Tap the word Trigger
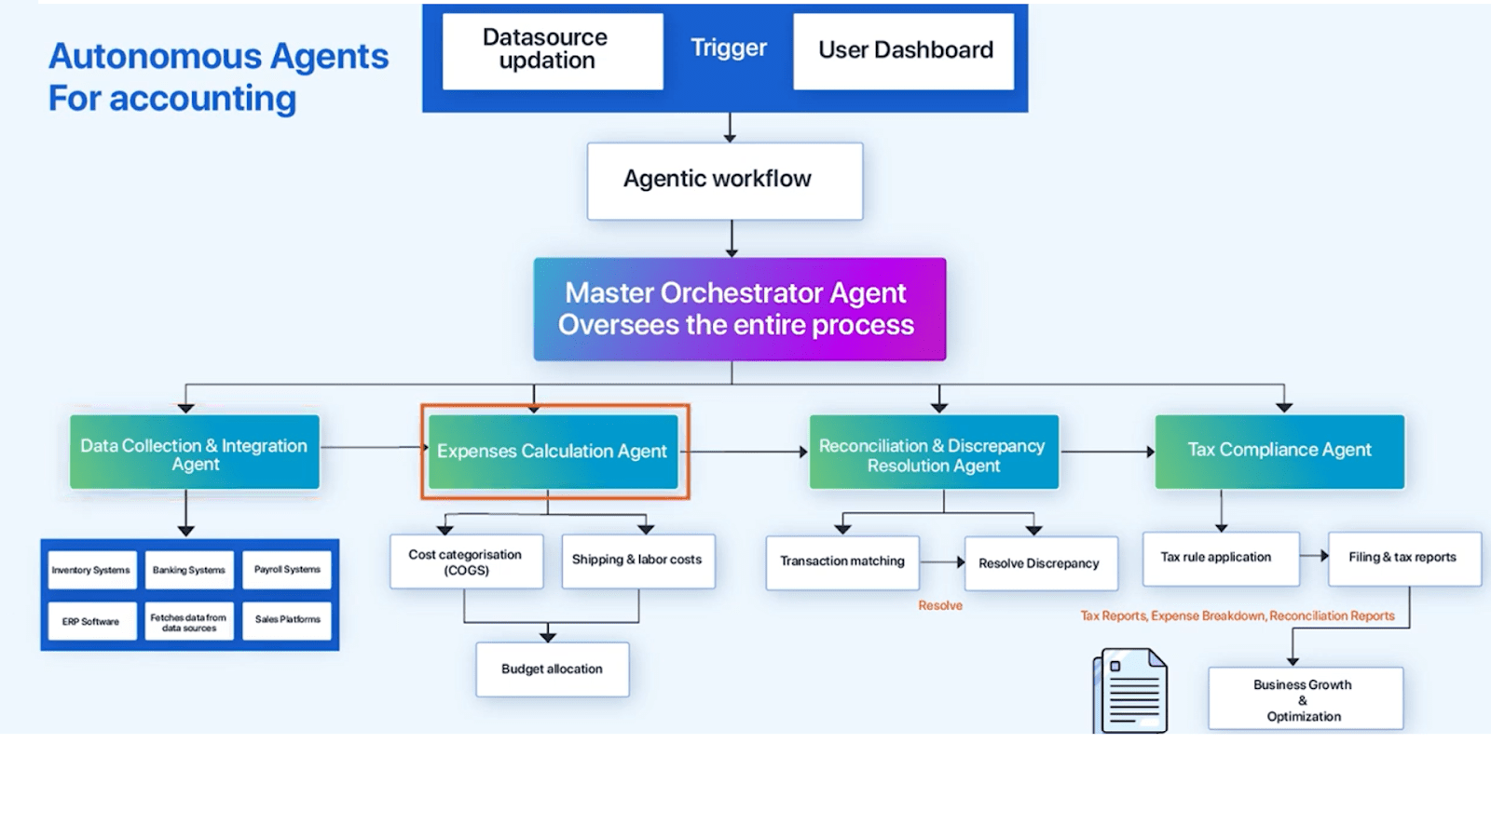728,47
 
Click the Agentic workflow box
724,181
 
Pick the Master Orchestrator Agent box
739,309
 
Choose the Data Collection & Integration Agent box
195,453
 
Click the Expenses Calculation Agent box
554,452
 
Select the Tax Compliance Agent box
1279,452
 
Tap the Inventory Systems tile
91,570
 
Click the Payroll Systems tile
287,570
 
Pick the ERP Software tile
91,621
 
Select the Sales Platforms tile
287,620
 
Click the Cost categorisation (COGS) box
466,561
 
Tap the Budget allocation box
552,669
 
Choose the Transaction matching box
842,561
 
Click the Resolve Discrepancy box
1040,563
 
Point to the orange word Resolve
939,606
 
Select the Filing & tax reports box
1403,558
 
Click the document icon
1131,692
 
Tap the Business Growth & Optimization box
1305,699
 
